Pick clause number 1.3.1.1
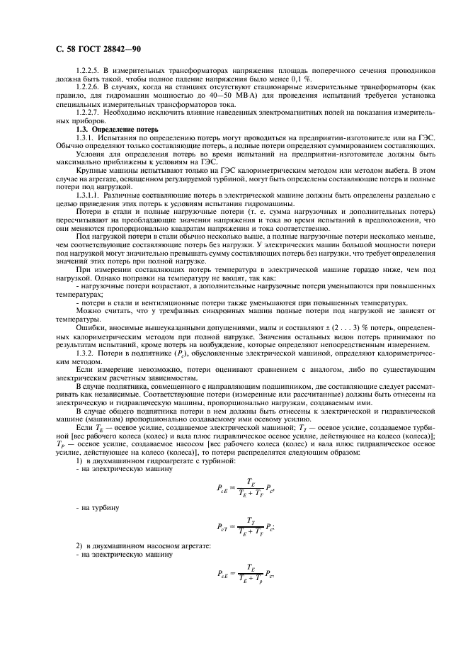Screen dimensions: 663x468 coord(88,193)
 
